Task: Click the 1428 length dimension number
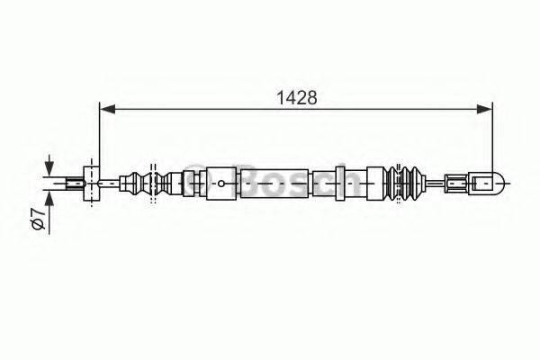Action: pyautogui.click(x=295, y=98)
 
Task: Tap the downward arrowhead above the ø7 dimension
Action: pyautogui.click(x=49, y=172)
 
